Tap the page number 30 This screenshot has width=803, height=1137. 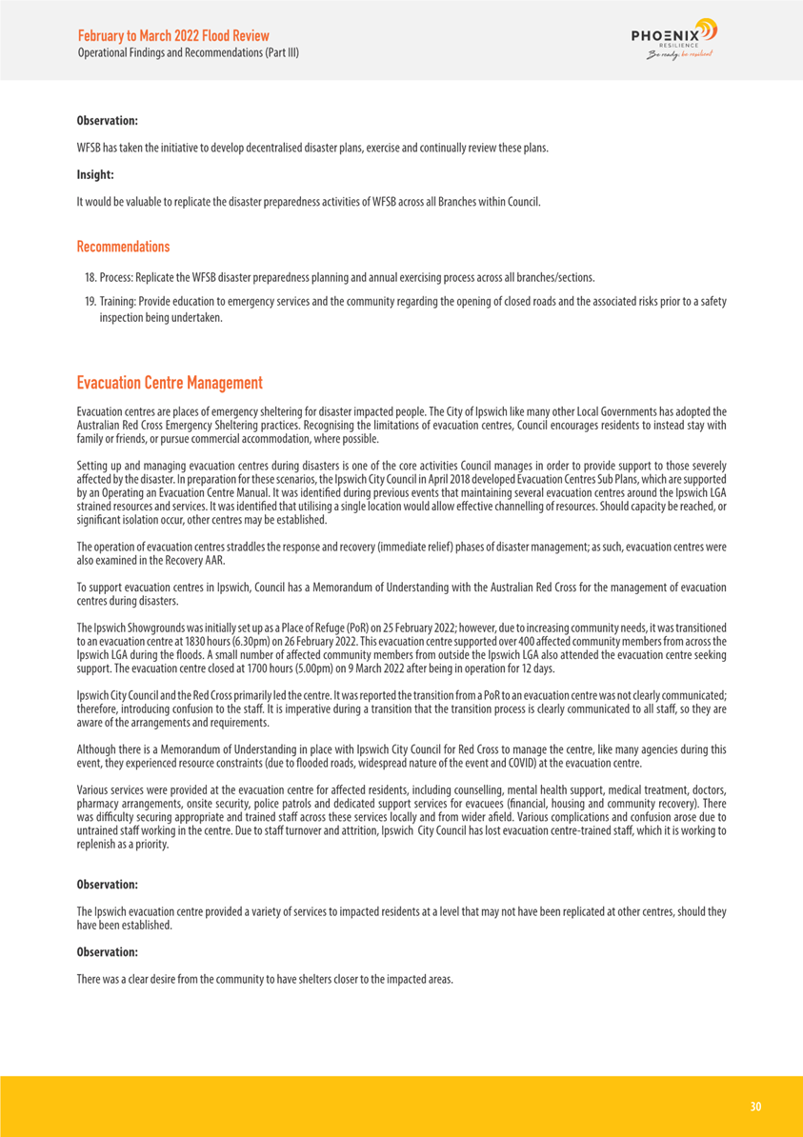[755, 1107]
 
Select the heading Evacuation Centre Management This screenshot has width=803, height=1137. [170, 383]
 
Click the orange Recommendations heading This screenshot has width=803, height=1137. [123, 247]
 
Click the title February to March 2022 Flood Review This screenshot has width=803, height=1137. [172, 34]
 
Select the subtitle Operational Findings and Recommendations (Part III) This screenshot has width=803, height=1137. [189, 52]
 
